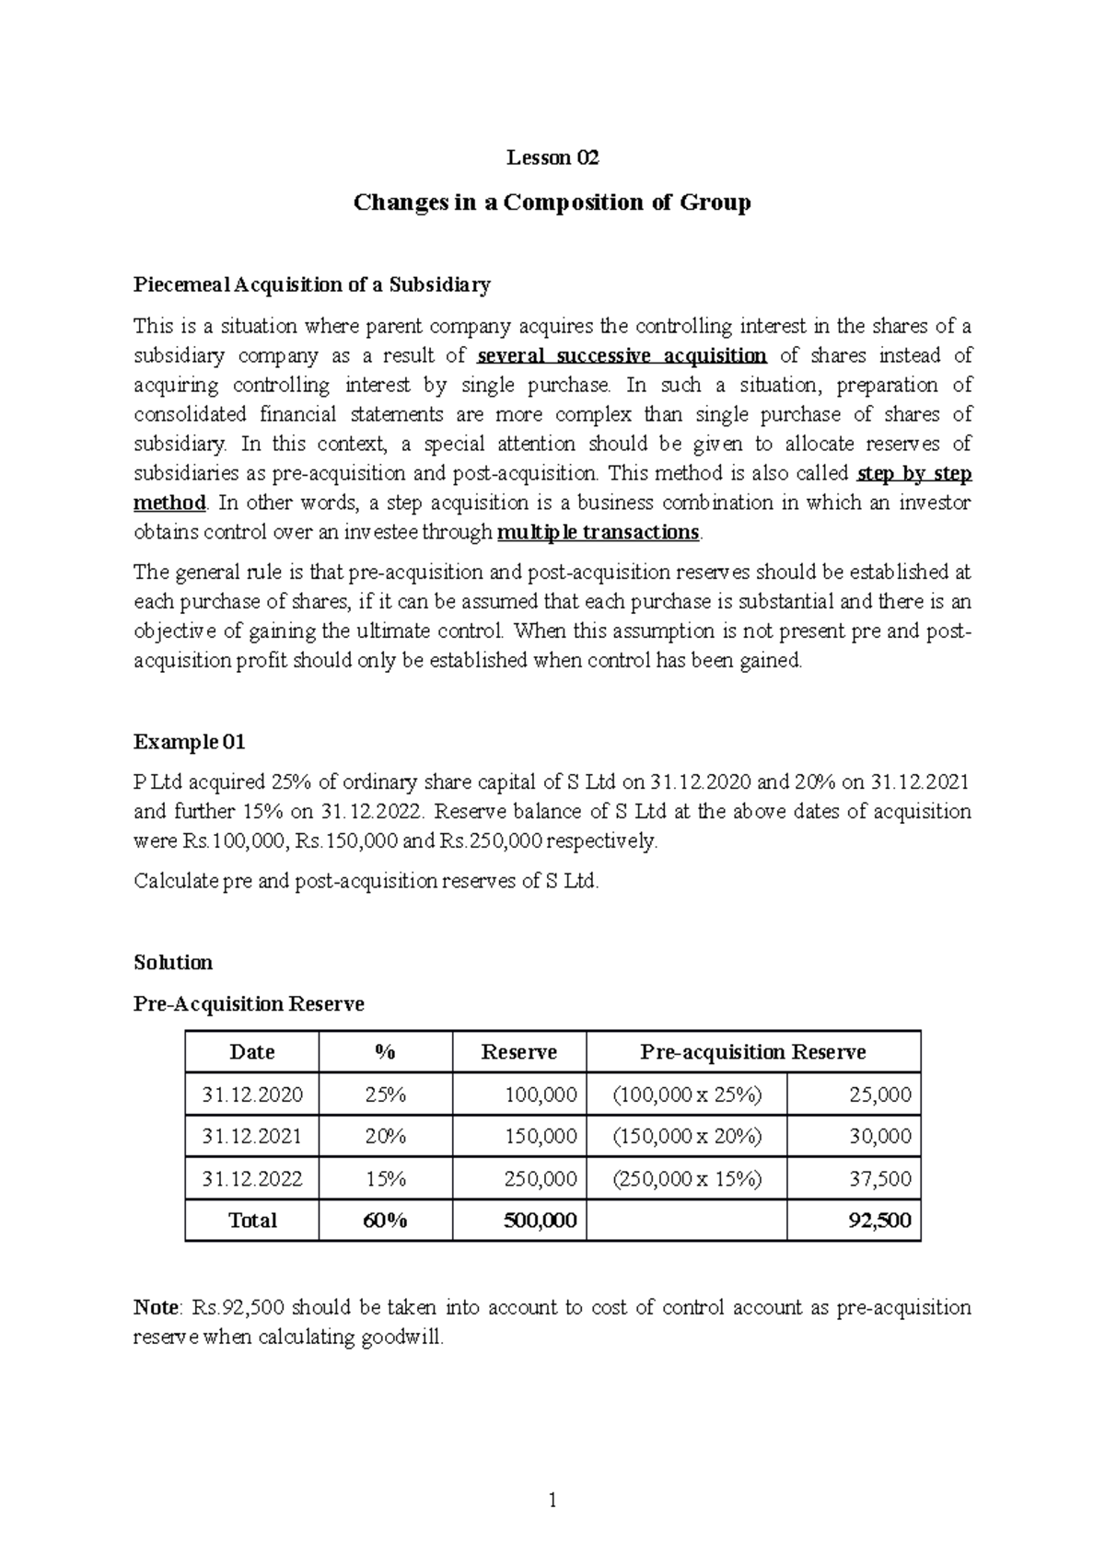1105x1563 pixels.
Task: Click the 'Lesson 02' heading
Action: pos(552,158)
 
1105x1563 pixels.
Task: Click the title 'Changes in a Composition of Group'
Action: pos(552,203)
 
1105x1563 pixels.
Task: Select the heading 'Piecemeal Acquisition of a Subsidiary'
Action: pos(312,284)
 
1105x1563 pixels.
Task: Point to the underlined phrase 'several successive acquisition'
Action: pos(622,356)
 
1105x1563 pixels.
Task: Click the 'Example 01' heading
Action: pos(190,742)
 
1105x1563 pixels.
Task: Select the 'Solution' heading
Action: pos(173,963)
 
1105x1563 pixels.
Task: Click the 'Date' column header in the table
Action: pos(252,1052)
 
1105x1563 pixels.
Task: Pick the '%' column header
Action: pos(385,1052)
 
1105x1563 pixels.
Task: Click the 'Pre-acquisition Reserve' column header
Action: pos(753,1052)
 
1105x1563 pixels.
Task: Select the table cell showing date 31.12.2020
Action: pos(252,1094)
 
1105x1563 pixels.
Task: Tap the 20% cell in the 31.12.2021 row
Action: pos(385,1137)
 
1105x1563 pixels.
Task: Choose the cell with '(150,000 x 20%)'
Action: pos(687,1137)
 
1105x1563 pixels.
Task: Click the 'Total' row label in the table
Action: pos(252,1221)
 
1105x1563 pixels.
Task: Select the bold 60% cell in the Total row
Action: pos(385,1221)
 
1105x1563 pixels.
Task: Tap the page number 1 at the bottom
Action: pos(552,1501)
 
